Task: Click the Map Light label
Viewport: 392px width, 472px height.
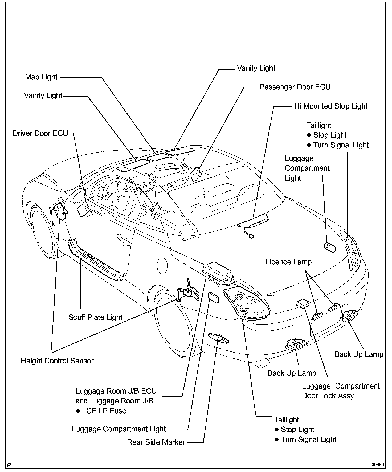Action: click(x=41, y=77)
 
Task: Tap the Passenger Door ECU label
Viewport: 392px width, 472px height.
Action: click(x=295, y=87)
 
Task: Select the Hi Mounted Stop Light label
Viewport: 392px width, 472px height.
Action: click(x=330, y=106)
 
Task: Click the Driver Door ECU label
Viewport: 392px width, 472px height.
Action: click(x=40, y=133)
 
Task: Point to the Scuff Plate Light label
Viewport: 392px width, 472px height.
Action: click(x=95, y=317)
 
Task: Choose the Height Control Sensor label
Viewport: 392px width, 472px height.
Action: click(x=57, y=361)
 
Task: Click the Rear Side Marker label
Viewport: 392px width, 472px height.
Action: click(x=156, y=442)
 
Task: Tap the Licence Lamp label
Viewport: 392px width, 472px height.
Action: click(x=288, y=262)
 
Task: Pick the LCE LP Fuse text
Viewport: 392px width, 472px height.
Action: click(x=104, y=411)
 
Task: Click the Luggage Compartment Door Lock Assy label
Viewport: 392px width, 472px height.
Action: click(x=341, y=391)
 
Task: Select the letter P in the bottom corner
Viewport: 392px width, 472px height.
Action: click(x=9, y=465)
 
